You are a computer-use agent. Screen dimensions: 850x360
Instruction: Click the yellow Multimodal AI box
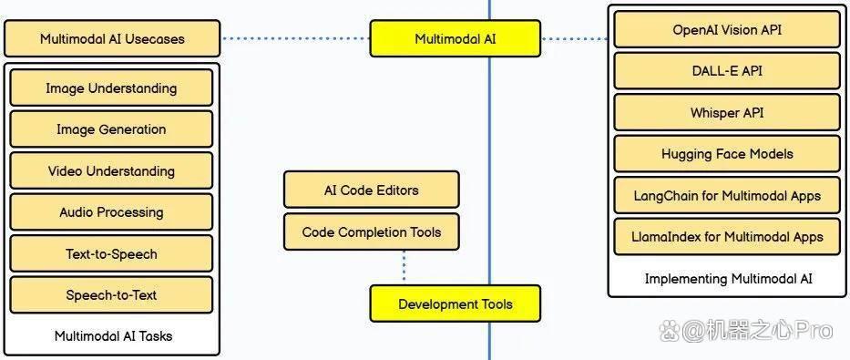[456, 38]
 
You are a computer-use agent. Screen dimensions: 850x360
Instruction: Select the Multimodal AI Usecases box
[112, 38]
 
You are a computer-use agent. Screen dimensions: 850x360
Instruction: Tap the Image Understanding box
[111, 87]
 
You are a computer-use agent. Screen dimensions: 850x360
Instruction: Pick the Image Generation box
[111, 129]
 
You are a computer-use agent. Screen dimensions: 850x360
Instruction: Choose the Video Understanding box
[111, 170]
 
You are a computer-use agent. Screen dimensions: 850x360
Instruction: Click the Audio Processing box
[111, 212]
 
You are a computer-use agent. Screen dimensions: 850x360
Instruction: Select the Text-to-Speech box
[111, 253]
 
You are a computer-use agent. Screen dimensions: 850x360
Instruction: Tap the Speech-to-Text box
[111, 295]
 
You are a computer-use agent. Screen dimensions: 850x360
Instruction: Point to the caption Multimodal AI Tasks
[113, 336]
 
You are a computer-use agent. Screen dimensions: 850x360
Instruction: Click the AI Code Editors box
[372, 190]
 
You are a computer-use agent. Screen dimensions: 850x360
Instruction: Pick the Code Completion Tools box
[372, 232]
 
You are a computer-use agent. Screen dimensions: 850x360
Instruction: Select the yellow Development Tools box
[456, 303]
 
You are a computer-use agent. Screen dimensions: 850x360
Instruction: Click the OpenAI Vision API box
[727, 29]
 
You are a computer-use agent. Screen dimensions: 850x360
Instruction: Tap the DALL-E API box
[727, 71]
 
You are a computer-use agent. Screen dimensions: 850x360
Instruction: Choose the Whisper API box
[727, 113]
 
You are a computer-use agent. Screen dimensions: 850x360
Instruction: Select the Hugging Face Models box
[727, 154]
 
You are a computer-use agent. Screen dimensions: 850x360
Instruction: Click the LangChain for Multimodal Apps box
[727, 196]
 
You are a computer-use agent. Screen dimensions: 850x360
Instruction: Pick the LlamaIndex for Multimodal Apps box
[727, 237]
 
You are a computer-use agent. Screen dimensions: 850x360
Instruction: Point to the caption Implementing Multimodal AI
[729, 279]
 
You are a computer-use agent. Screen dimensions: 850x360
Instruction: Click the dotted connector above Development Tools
[405, 267]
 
